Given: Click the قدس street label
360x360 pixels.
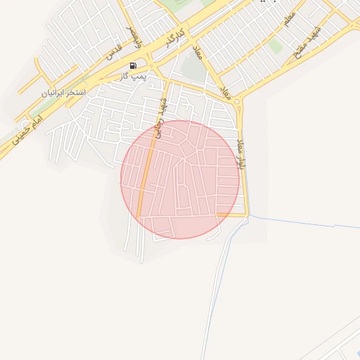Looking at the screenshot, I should (x=114, y=50).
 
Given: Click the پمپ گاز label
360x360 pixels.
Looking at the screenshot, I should (x=133, y=75).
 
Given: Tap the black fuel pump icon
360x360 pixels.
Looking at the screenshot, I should (x=134, y=65).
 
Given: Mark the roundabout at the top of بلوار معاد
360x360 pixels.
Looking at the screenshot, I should (x=237, y=103).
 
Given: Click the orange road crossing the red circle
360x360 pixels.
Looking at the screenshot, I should (x=146, y=183).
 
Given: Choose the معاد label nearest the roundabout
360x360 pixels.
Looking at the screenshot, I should (x=226, y=91).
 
